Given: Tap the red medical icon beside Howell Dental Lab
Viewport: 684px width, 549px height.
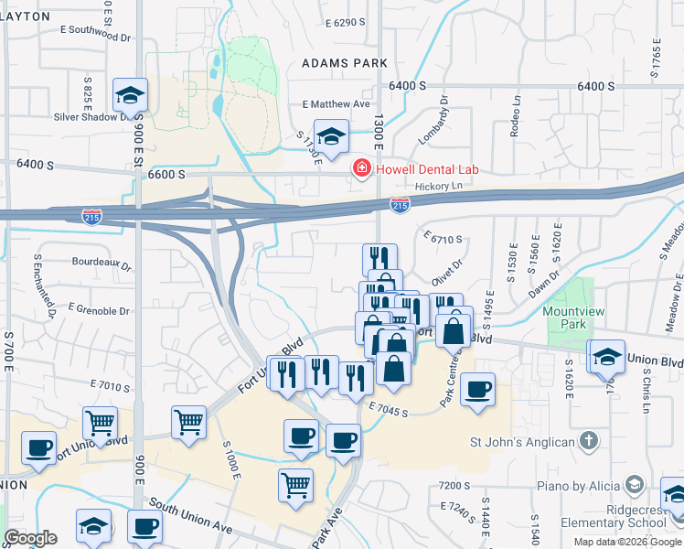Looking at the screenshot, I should tap(361, 169).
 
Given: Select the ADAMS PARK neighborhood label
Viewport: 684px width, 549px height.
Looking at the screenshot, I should tap(346, 63).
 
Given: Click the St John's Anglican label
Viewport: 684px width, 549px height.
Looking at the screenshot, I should tap(522, 443).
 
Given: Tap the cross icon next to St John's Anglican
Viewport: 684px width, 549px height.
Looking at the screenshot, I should tap(590, 442).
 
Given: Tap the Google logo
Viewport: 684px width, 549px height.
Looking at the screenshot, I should tap(29, 538).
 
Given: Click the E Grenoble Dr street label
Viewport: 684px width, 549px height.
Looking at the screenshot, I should tap(101, 309).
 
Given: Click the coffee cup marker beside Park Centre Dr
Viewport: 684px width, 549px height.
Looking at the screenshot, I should tap(477, 390).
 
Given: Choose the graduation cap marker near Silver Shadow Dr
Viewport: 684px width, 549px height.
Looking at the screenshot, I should tap(131, 95).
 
